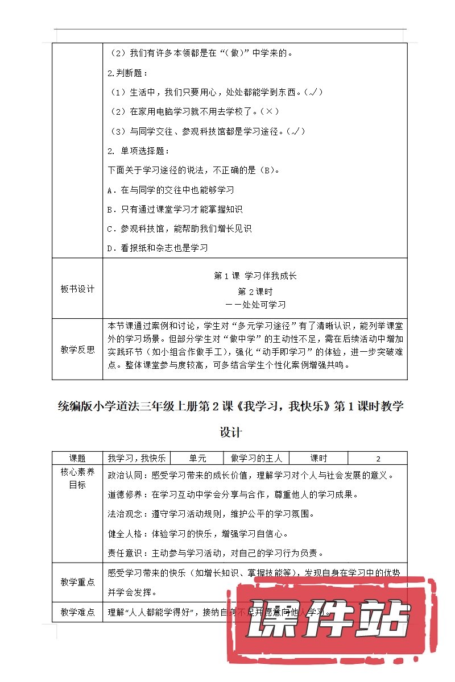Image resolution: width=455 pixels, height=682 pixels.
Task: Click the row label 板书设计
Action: tap(77, 289)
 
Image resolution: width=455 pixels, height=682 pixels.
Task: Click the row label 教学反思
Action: tap(77, 350)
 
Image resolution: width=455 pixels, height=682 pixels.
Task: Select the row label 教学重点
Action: tap(77, 583)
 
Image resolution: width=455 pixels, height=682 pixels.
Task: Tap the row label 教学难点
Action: tap(77, 613)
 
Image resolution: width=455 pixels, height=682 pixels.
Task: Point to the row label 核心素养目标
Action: tap(77, 479)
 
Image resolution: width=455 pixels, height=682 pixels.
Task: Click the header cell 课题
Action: tap(77, 459)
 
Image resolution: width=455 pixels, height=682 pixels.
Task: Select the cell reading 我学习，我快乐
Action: tap(136, 459)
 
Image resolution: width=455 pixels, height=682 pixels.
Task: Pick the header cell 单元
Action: tap(198, 459)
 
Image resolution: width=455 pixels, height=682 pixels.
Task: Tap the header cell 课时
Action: tap(318, 459)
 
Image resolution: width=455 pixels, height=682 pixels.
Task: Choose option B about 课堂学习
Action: tap(175, 209)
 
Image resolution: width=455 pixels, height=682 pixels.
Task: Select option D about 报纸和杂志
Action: tap(158, 248)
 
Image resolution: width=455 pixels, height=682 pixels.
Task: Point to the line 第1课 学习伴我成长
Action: tap(255, 276)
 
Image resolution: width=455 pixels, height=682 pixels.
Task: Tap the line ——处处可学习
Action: tap(255, 305)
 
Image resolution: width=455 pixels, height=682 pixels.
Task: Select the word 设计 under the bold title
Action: tap(231, 433)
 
